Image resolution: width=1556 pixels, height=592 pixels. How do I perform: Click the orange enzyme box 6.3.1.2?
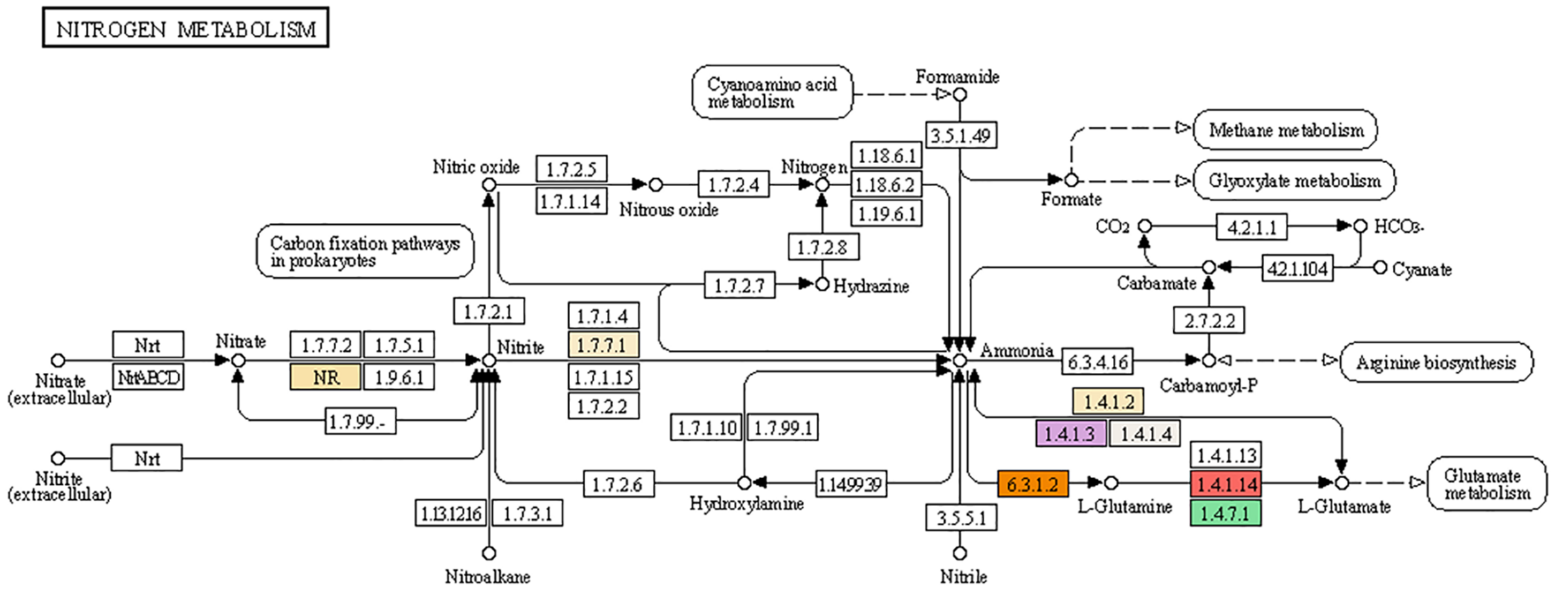click(x=1033, y=484)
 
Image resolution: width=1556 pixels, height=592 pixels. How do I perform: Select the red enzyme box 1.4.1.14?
click(x=1226, y=484)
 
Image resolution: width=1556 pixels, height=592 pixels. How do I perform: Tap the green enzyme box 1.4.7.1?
click(x=1226, y=514)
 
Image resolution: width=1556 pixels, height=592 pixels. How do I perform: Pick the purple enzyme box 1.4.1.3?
click(x=1071, y=433)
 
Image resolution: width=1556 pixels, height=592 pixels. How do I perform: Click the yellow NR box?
click(x=325, y=377)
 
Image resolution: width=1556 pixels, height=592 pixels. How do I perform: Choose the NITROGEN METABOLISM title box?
click(x=185, y=28)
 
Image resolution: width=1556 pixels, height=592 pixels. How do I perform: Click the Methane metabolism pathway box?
click(x=1285, y=130)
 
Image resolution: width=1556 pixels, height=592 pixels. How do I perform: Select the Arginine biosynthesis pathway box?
click(x=1435, y=362)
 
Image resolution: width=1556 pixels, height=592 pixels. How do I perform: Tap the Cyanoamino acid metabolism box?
click(x=772, y=93)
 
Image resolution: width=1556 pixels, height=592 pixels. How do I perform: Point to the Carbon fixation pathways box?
click(x=365, y=251)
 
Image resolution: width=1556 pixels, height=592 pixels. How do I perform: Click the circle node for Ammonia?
click(x=960, y=360)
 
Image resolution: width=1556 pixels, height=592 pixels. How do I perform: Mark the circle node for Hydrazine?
click(x=822, y=284)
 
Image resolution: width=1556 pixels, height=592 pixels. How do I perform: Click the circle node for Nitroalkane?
click(x=489, y=553)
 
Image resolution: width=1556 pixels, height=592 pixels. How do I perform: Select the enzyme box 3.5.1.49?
click(x=960, y=135)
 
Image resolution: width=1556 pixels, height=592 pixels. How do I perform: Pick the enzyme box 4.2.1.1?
click(x=1252, y=227)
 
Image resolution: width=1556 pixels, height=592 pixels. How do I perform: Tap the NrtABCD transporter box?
click(x=148, y=377)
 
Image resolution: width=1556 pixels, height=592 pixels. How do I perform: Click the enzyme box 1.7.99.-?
click(x=360, y=422)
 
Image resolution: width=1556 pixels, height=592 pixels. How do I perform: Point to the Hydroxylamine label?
click(x=746, y=503)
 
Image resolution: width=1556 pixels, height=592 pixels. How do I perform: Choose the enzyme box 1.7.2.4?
click(x=733, y=185)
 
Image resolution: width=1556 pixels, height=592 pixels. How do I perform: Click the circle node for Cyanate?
click(x=1380, y=268)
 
